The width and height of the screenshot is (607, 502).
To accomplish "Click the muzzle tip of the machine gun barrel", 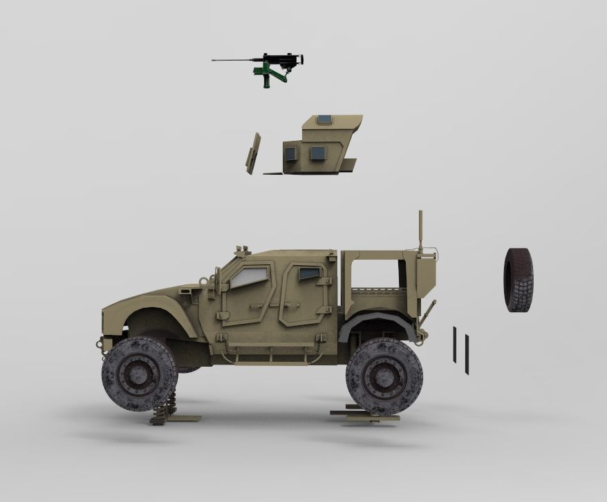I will coord(214,61).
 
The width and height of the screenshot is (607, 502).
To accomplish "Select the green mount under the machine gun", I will coord(266,75).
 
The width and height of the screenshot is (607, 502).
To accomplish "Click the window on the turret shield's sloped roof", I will coord(324,119).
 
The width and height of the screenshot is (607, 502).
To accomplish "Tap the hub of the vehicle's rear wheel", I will coord(384,376).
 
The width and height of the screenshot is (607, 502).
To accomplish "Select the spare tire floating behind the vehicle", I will coord(518,280).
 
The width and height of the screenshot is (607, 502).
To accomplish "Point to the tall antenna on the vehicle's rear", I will coord(420,231).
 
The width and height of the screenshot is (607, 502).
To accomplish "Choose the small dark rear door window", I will coord(309,273).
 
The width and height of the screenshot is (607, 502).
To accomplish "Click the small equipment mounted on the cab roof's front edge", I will coord(241,250).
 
